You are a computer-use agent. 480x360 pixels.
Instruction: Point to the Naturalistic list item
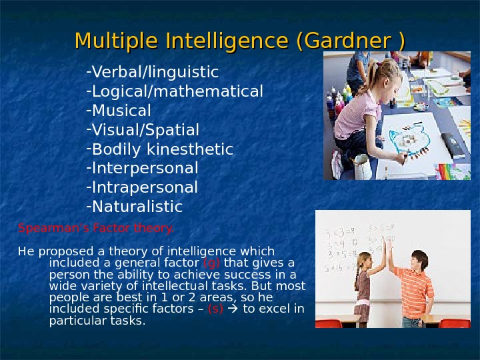136,207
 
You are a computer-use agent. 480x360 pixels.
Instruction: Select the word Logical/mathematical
177,91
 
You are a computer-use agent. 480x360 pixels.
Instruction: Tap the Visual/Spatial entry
145,129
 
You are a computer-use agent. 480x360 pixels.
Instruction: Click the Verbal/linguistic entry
155,71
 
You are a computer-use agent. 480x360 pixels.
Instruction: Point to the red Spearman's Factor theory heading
96,228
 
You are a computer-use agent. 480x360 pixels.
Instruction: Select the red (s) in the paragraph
215,309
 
